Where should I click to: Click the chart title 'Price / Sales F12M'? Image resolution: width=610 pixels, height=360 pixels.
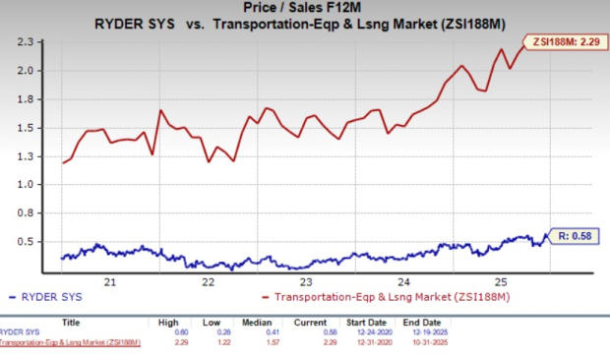[x=304, y=8]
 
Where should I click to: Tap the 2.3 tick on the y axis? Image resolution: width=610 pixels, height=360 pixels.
[x=35, y=42]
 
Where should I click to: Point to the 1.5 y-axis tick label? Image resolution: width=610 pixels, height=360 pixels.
[x=35, y=128]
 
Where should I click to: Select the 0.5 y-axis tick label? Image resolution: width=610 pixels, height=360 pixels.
[x=35, y=242]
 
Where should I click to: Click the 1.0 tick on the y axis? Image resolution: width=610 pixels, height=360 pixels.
[x=35, y=185]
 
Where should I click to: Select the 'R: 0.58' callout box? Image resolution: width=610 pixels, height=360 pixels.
[x=572, y=235]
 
